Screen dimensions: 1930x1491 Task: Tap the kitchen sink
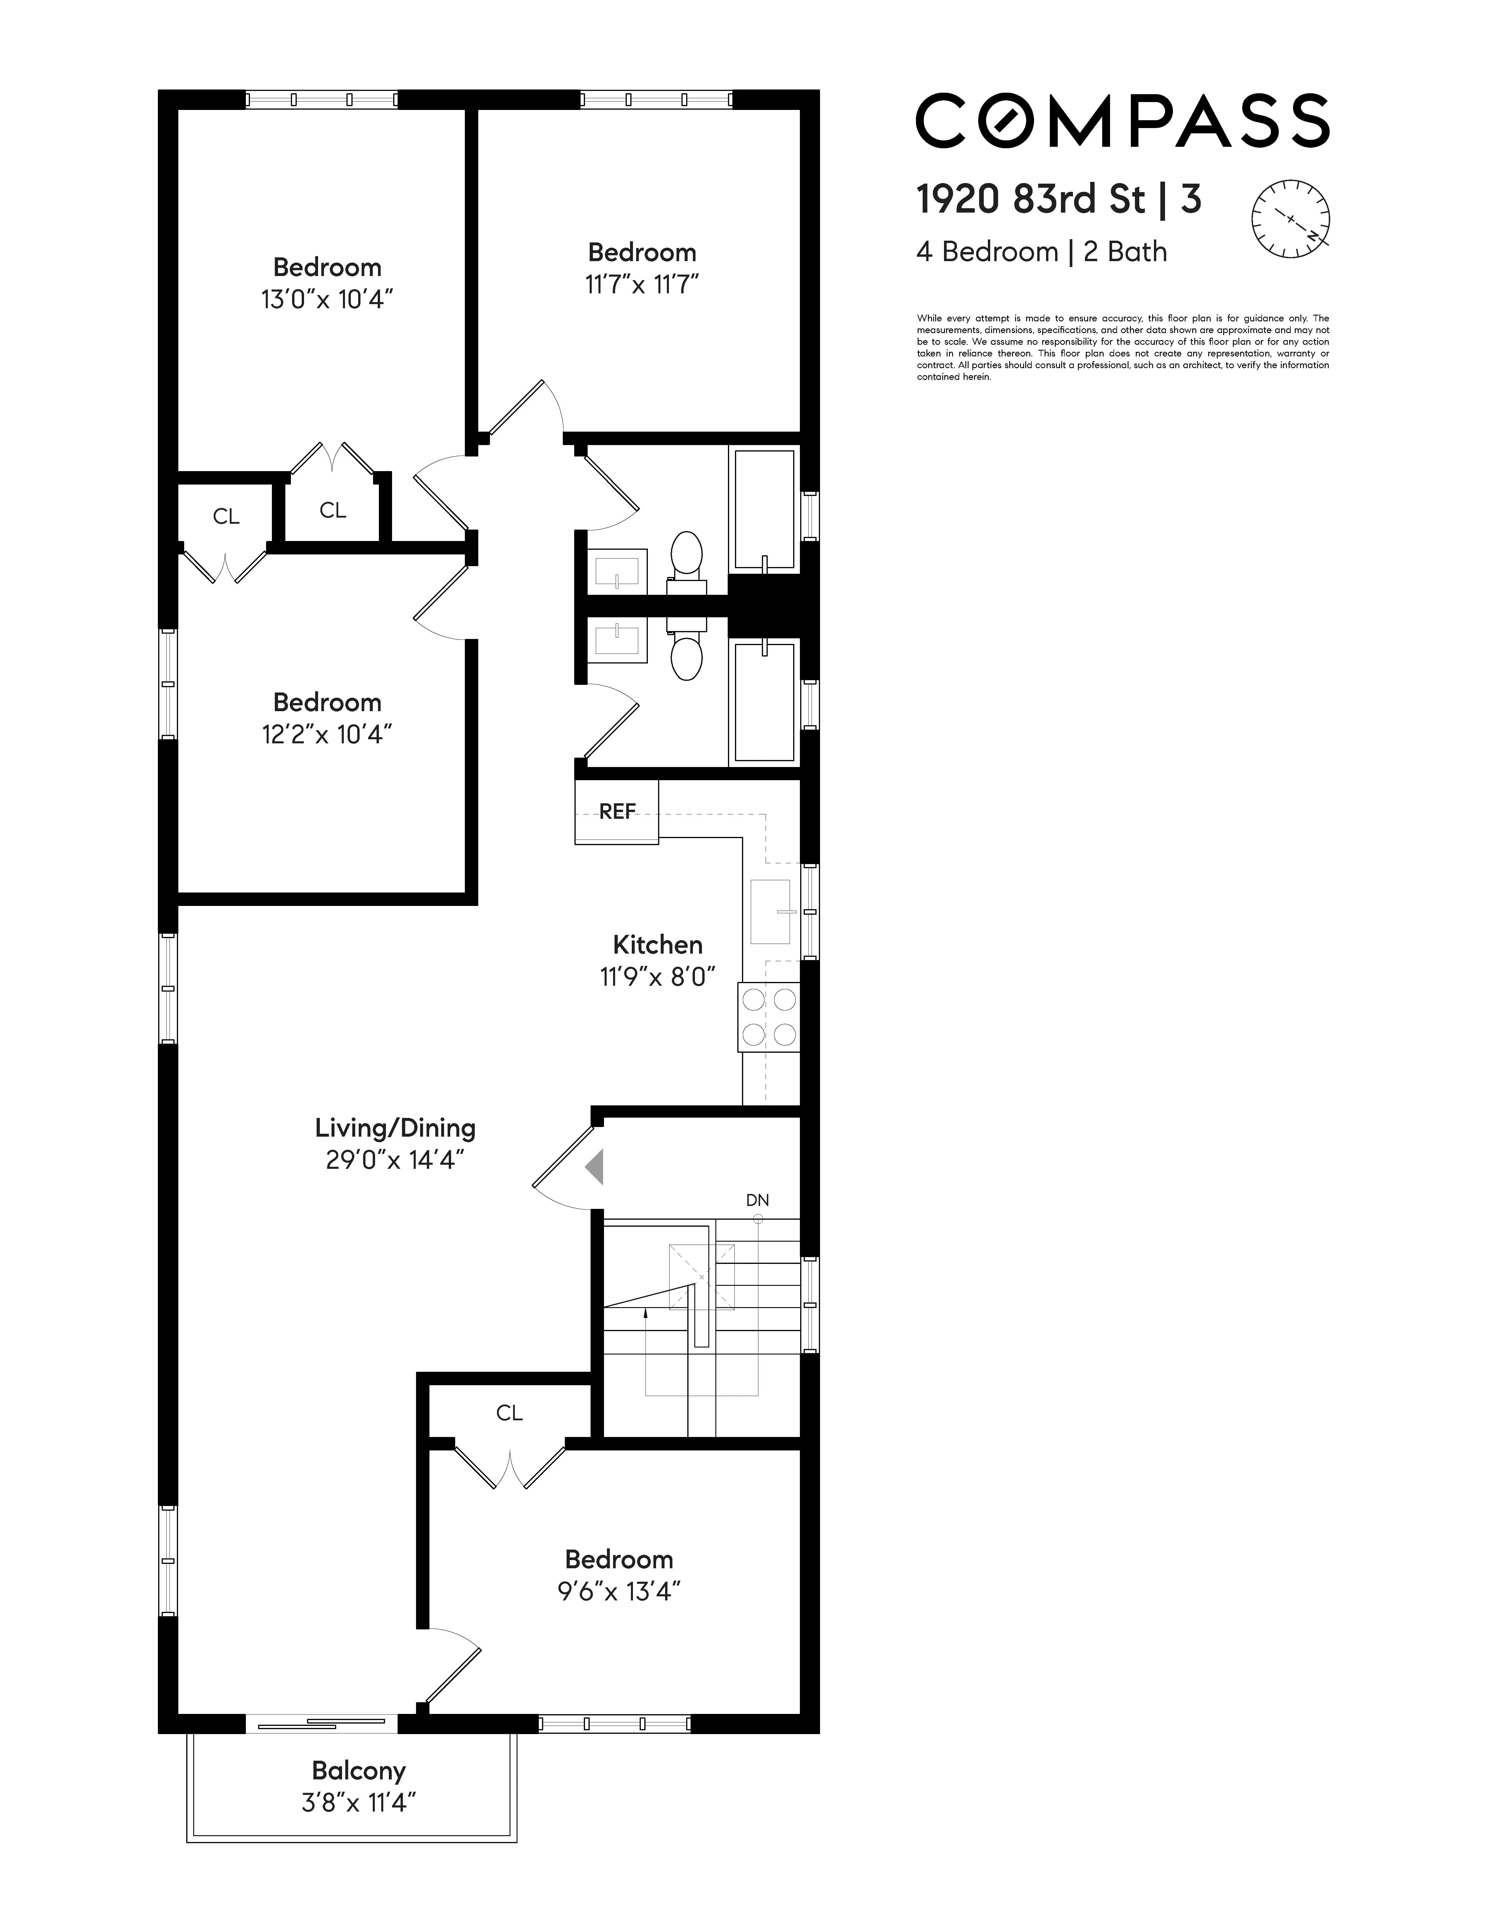770,911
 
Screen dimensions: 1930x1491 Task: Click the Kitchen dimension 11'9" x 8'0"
657,976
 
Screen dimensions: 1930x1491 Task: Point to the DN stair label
757,1200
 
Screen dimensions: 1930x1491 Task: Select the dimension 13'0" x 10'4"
327,299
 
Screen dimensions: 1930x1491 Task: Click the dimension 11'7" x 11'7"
642,285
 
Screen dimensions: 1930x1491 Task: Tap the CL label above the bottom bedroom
510,1413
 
